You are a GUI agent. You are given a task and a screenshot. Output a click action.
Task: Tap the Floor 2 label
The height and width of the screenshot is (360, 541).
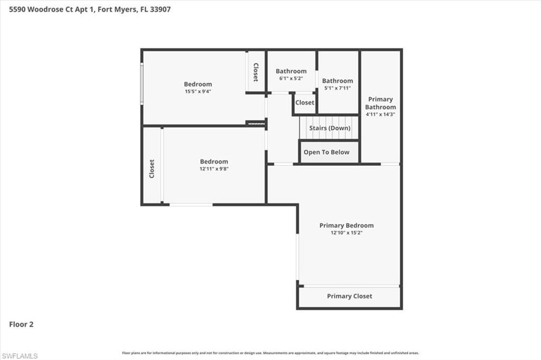coord(21,325)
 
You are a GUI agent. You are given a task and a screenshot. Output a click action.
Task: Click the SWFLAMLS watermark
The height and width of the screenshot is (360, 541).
coord(20,356)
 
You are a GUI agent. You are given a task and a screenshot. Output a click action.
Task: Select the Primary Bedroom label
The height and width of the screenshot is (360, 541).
coord(346,225)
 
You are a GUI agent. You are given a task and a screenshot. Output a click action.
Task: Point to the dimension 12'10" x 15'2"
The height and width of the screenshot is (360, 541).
coord(346,233)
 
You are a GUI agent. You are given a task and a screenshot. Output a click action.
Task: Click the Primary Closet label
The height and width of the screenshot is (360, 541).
coord(349,296)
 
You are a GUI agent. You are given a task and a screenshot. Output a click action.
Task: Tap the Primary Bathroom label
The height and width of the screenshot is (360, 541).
coord(380,103)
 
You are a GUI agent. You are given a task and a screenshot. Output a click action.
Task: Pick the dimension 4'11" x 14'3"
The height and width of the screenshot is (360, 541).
coord(380,114)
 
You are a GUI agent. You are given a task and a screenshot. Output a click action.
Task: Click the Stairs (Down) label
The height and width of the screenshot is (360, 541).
coord(330,128)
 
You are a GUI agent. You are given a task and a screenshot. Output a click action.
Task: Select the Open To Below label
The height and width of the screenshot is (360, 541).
coord(326,152)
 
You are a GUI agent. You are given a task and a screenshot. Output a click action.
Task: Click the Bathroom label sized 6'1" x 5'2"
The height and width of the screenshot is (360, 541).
coord(291,71)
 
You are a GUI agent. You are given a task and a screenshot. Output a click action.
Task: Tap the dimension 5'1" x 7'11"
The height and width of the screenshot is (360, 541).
coord(337,88)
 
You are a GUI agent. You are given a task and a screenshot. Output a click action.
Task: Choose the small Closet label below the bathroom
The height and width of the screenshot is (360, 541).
coord(304,103)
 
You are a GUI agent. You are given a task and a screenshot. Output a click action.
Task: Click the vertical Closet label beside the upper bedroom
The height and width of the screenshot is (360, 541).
coord(256,72)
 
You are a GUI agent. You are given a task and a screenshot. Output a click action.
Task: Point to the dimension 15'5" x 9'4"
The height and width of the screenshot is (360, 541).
coord(198,91)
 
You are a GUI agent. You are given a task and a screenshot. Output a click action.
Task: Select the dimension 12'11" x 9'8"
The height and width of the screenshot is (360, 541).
coord(213,169)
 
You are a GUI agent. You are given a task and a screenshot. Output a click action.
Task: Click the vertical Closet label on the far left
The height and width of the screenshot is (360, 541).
coord(152,168)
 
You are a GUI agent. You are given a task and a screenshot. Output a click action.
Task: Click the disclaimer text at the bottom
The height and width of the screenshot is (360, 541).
coord(270,353)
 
